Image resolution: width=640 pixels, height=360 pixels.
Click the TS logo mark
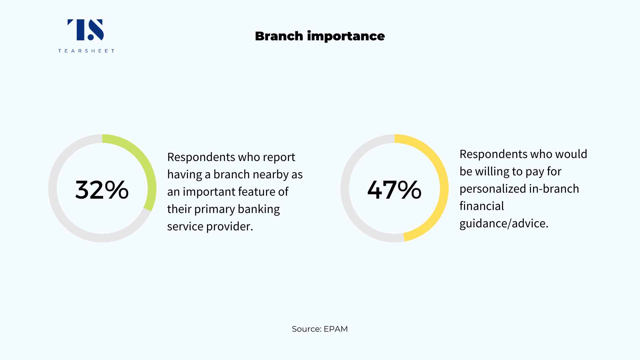tap(86, 30)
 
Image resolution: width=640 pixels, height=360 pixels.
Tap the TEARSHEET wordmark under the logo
tap(86, 51)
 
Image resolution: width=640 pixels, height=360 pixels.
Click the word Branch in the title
tap(279, 36)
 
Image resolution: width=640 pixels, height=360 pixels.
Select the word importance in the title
tap(346, 36)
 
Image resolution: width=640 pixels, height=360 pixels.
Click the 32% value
tap(102, 190)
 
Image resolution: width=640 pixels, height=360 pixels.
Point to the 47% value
tap(394, 190)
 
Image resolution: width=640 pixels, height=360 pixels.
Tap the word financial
tap(482, 206)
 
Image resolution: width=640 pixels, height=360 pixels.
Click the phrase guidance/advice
tap(504, 224)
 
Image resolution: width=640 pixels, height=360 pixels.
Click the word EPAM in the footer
tap(336, 329)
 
